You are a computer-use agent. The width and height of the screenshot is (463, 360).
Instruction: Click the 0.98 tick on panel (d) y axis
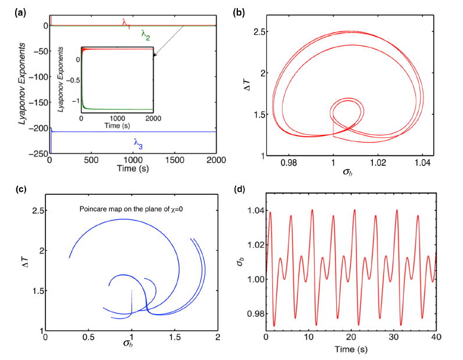pos(254,310)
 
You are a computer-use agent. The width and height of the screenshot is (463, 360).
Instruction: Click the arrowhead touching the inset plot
pos(154,56)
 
